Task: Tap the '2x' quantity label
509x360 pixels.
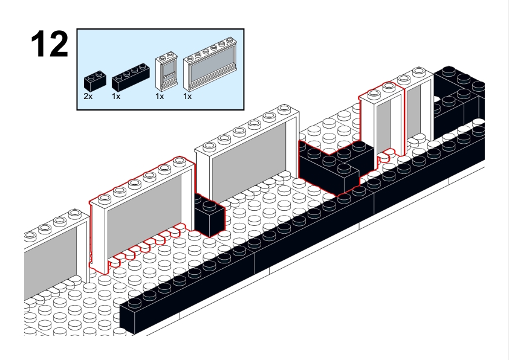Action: point(88,96)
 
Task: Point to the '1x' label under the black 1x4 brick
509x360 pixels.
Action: point(117,96)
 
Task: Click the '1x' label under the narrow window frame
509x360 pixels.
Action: point(160,96)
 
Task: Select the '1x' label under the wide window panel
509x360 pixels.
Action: point(188,96)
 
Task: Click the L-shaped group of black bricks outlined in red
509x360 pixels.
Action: point(329,166)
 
